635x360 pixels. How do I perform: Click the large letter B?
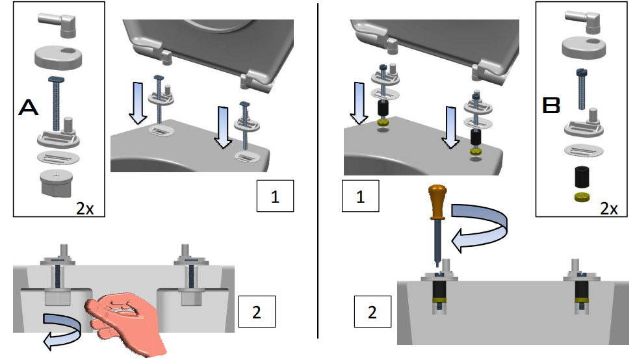[551, 106]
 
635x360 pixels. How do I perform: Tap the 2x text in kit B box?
[608, 208]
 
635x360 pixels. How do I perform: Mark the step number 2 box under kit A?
[257, 311]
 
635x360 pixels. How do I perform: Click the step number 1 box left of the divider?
[275, 196]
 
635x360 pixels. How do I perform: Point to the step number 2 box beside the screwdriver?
[372, 312]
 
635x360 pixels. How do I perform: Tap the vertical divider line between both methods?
[318, 169]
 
